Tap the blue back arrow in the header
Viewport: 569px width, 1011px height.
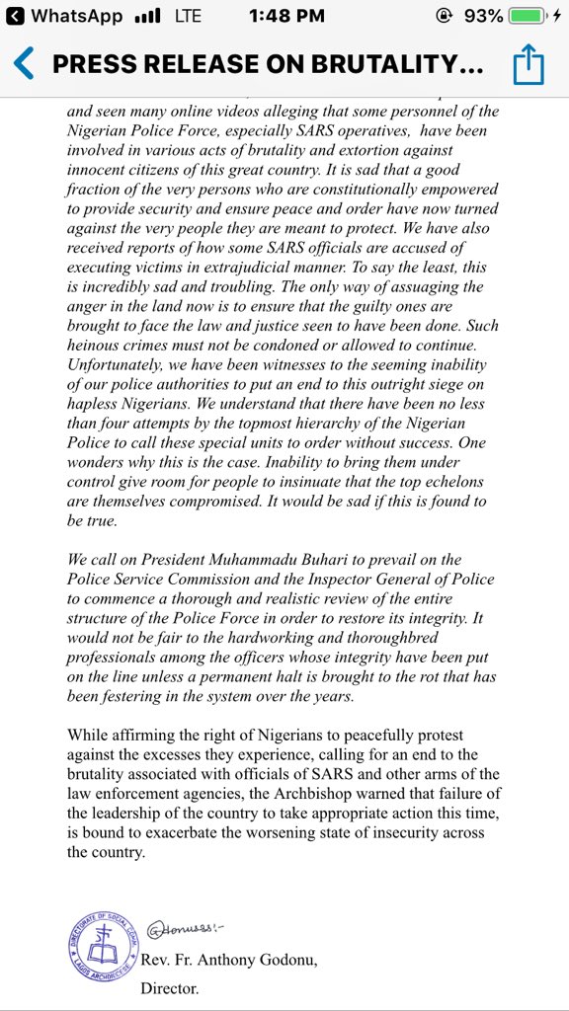(x=25, y=65)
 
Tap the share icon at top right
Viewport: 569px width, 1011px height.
(x=528, y=65)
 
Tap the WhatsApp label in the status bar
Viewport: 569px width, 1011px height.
(x=76, y=17)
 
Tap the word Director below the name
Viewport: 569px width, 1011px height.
(x=172, y=986)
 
